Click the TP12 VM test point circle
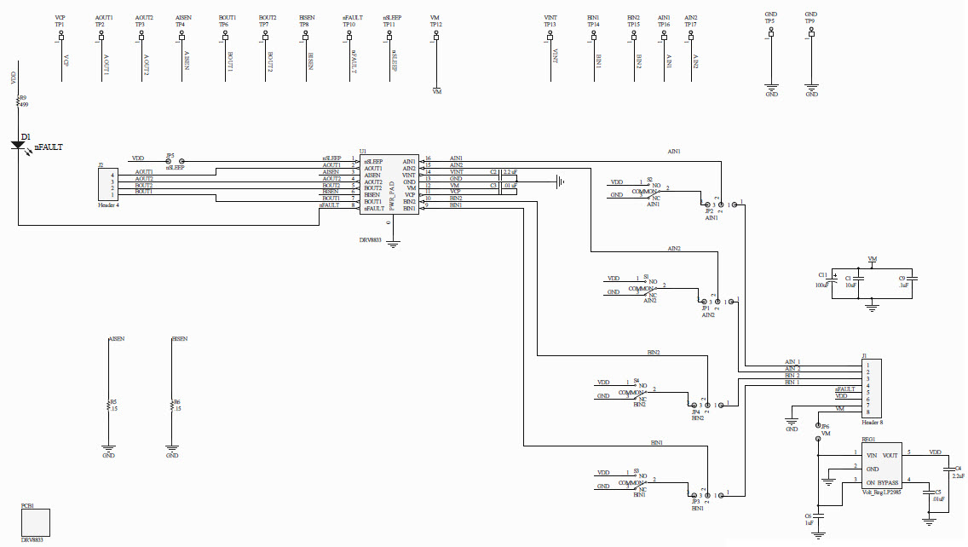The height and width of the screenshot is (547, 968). click(436, 36)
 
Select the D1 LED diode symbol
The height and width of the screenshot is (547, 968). click(19, 144)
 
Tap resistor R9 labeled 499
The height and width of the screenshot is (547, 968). click(19, 101)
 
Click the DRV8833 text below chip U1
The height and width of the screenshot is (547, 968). click(371, 241)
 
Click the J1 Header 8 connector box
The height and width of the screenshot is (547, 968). click(872, 389)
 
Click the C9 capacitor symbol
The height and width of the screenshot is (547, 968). click(913, 277)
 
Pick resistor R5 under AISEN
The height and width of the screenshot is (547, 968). click(108, 405)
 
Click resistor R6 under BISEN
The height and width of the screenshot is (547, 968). click(172, 405)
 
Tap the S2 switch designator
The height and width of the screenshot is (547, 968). click(648, 179)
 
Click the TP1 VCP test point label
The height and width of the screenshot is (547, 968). click(60, 25)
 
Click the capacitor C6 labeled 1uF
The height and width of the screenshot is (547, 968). click(819, 515)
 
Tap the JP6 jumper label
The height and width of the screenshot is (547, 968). click(825, 426)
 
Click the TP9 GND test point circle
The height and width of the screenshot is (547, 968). click(811, 35)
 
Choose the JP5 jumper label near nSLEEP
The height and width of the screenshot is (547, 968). click(170, 156)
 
